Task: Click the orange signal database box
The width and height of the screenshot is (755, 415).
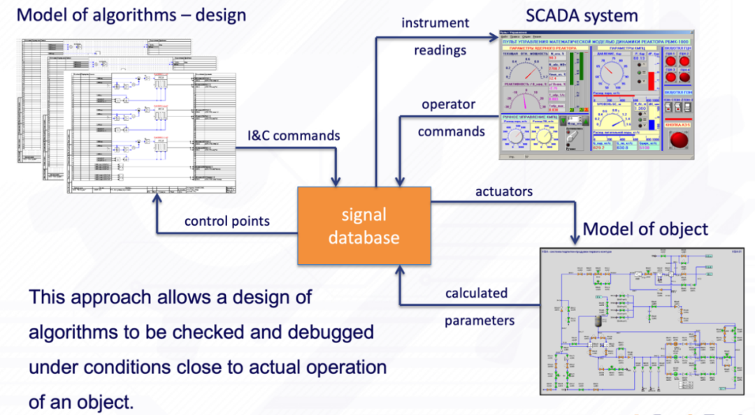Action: tap(364, 226)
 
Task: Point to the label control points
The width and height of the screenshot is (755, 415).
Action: tap(226, 221)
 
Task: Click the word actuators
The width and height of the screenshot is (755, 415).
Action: tap(503, 190)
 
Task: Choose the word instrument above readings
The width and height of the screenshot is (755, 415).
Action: tap(435, 23)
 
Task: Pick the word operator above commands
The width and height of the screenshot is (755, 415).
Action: tap(448, 104)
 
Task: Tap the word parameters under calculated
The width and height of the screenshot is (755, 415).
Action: tap(480, 321)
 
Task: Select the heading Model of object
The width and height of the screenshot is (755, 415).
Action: tap(645, 228)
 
